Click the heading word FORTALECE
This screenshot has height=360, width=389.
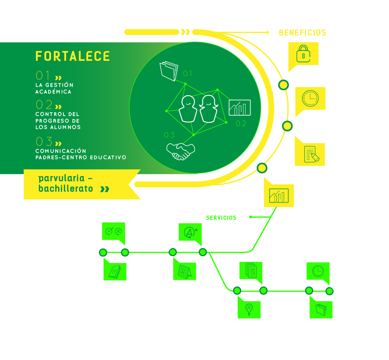72,56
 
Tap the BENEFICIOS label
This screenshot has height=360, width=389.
302,33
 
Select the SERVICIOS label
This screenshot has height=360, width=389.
221,218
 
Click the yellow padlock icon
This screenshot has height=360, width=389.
304,54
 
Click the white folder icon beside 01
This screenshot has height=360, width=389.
169,71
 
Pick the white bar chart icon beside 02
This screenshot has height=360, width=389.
240,107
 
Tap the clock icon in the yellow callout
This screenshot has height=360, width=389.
310,98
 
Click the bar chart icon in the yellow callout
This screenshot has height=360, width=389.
279,195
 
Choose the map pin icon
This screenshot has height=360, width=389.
249,310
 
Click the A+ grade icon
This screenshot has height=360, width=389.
190,232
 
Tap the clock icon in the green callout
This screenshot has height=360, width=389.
318,271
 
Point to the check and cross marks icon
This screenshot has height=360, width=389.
113,231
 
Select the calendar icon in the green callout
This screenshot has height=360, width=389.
184,272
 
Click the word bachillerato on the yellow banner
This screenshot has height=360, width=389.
66,189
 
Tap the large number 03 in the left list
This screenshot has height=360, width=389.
44,141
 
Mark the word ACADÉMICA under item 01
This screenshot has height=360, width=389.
53,92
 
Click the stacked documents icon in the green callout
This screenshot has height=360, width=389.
251,270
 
